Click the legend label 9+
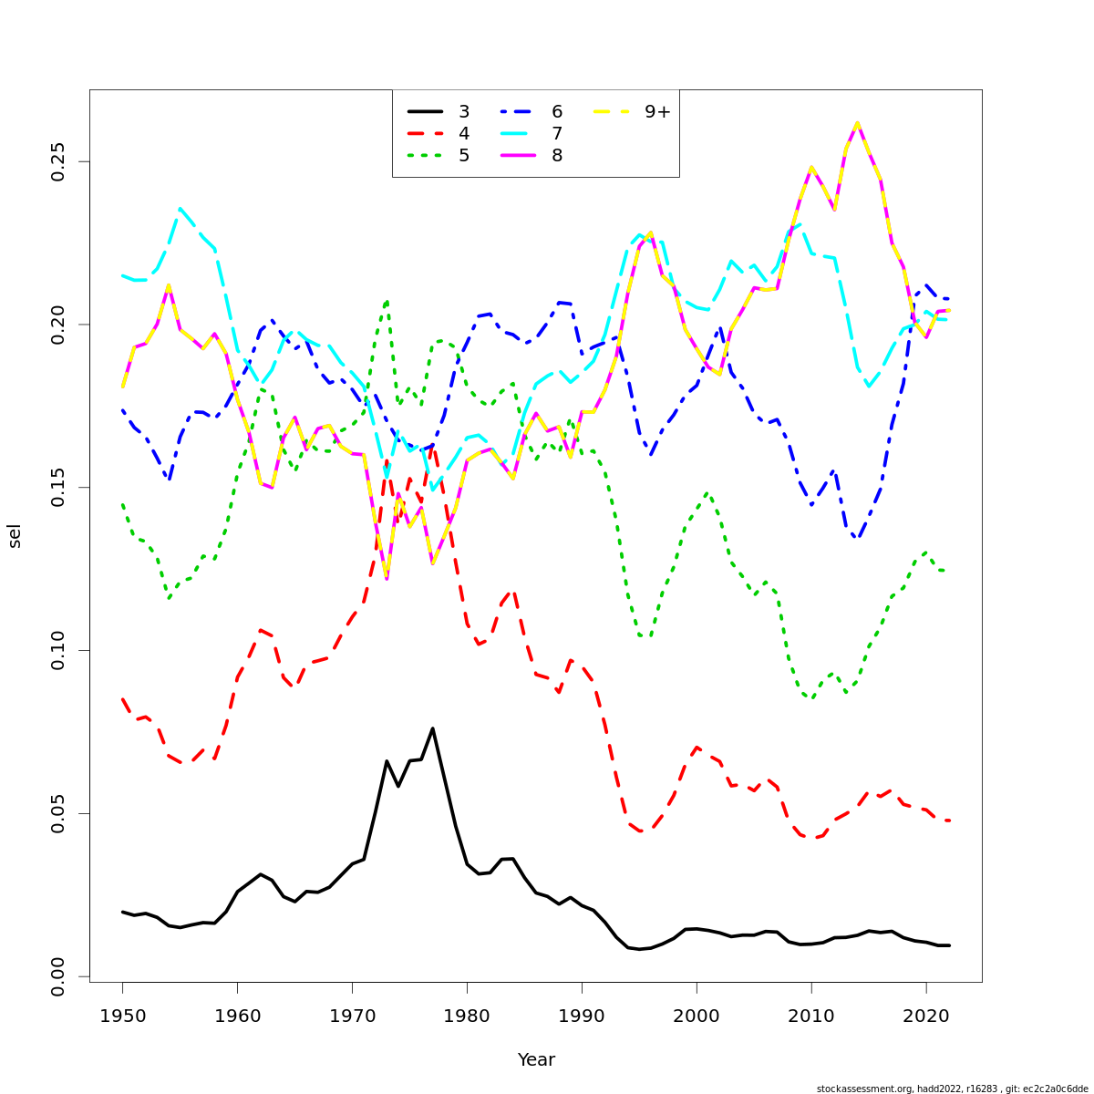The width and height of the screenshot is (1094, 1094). pos(657,112)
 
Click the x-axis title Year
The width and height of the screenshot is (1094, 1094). pos(536,1060)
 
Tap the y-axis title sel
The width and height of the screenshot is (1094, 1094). pos(15,536)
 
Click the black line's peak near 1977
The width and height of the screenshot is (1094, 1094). pos(432,728)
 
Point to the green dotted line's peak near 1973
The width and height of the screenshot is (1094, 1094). pos(387,301)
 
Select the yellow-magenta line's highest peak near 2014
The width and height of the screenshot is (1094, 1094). pos(857,123)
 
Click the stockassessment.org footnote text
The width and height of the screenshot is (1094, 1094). pos(952,1089)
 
